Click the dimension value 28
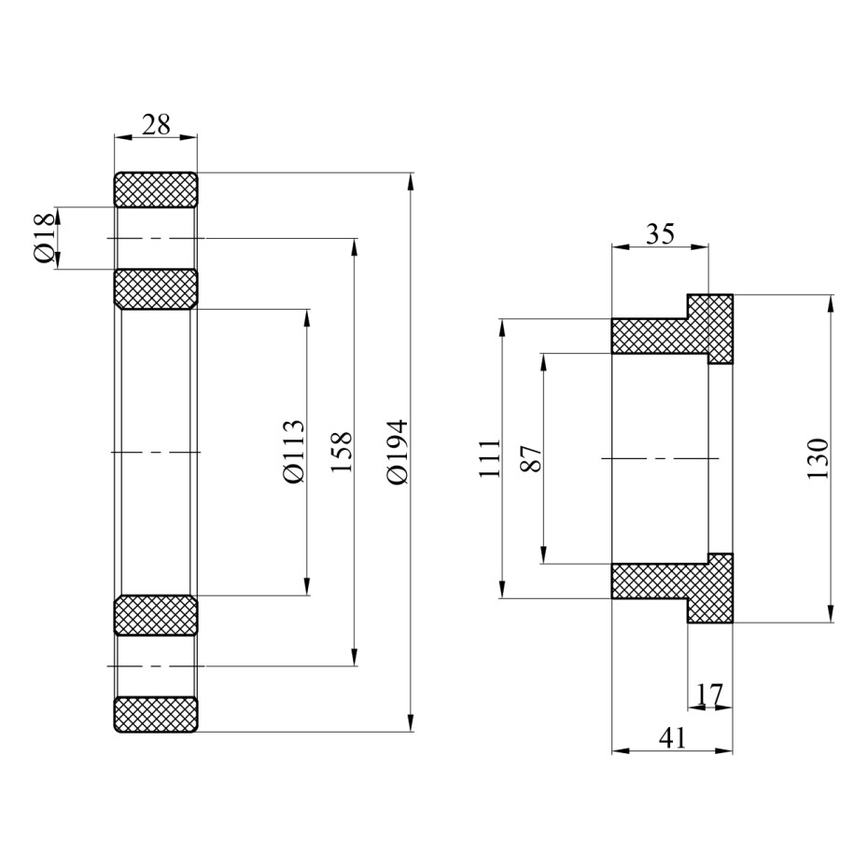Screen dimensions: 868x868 point(156,124)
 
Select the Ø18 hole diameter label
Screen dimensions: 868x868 point(43,238)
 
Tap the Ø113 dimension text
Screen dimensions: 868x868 point(293,451)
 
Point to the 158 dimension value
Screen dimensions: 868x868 point(341,452)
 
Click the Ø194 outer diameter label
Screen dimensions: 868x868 point(397,452)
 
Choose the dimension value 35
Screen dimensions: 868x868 point(660,233)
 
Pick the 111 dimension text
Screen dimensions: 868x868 point(488,458)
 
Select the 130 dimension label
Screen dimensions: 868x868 point(818,458)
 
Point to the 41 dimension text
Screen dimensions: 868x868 point(672,738)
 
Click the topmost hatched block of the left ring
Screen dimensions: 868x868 point(156,189)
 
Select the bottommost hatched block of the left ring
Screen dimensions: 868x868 point(156,715)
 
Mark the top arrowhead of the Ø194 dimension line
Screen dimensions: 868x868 point(412,181)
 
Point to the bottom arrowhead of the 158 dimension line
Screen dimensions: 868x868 point(355,657)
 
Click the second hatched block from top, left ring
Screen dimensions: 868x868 point(156,288)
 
